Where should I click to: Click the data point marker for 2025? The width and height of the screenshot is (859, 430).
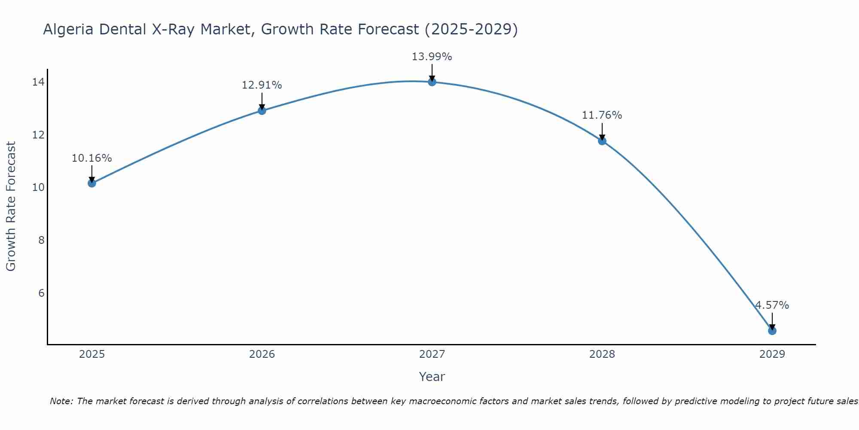click(x=92, y=183)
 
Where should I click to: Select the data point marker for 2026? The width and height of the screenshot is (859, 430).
click(x=262, y=111)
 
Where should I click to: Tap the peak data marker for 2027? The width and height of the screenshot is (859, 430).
click(x=432, y=82)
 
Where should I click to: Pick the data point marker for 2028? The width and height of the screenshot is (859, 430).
click(x=602, y=141)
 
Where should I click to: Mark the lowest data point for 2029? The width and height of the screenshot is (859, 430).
click(x=772, y=331)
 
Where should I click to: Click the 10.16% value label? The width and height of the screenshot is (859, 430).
click(x=91, y=158)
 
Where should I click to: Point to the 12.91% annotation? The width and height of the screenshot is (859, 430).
click(x=262, y=85)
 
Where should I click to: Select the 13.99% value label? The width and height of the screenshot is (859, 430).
click(x=432, y=57)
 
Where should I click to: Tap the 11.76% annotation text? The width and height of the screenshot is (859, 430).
click(x=602, y=115)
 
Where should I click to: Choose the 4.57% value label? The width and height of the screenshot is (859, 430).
click(x=772, y=305)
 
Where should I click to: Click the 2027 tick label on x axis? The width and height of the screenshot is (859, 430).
click(x=432, y=354)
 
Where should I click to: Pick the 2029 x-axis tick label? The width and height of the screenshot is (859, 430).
click(x=772, y=354)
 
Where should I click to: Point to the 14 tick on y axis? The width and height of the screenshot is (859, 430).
click(x=38, y=82)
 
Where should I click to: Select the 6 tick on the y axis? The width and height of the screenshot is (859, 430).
click(x=41, y=293)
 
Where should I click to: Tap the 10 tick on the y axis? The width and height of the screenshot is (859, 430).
click(x=38, y=187)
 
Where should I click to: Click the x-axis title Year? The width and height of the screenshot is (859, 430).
click(x=432, y=377)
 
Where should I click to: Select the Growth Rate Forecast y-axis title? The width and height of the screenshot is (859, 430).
click(x=11, y=206)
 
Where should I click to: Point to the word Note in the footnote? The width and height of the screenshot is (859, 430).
click(x=61, y=401)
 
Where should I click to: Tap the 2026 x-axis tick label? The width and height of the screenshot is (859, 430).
click(x=262, y=354)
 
